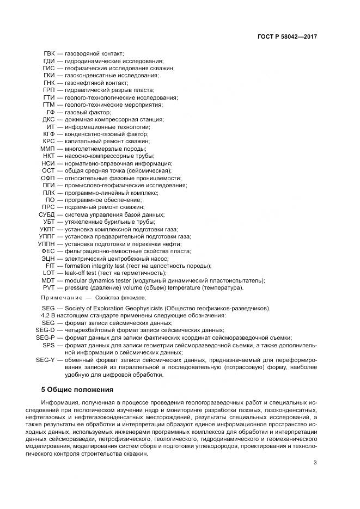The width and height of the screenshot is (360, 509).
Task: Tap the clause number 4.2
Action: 47,316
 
